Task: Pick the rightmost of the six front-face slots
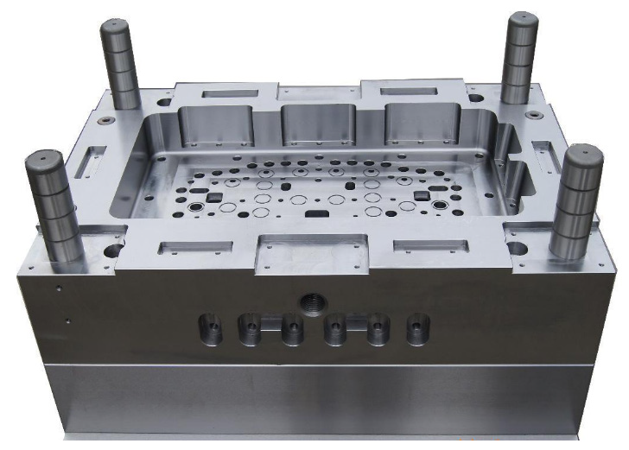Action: tap(418, 328)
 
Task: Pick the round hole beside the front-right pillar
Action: tap(517, 248)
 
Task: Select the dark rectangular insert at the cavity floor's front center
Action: tap(316, 212)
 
